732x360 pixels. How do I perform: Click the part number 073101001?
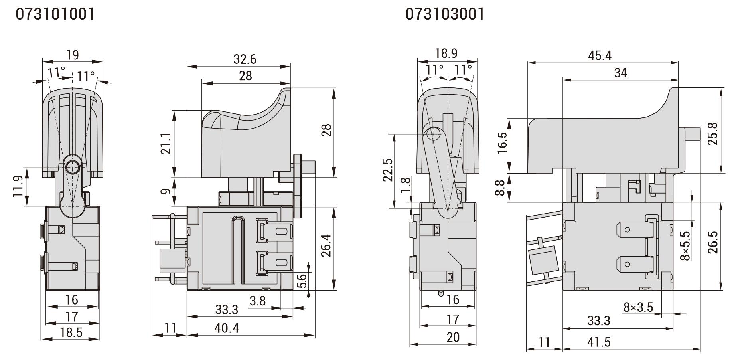pyautogui.click(x=55, y=14)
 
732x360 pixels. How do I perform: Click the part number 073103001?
pyautogui.click(x=445, y=14)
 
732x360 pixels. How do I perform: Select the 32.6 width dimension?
pyautogui.click(x=245, y=59)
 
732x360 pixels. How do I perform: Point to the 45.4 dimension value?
pyautogui.click(x=600, y=55)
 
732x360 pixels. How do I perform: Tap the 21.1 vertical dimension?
pyautogui.click(x=168, y=144)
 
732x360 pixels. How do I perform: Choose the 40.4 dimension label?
pyautogui.click(x=227, y=328)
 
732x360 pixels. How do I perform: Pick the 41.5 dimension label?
pyautogui.click(x=599, y=342)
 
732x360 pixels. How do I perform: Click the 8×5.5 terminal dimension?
pyautogui.click(x=685, y=246)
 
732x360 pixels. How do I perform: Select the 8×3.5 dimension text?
pyautogui.click(x=638, y=307)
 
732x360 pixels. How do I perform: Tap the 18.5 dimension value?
pyautogui.click(x=71, y=332)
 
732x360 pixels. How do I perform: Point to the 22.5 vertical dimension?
pyautogui.click(x=388, y=170)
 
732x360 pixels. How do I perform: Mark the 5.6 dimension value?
pyautogui.click(x=302, y=281)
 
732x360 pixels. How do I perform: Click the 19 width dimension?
pyautogui.click(x=72, y=55)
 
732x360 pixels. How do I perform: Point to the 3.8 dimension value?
pyautogui.click(x=257, y=300)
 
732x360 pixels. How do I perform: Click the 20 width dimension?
pyautogui.click(x=453, y=337)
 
